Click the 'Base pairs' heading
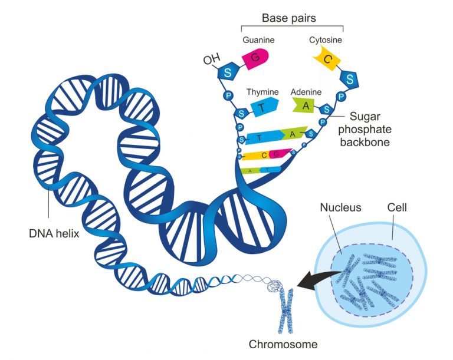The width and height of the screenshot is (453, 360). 289,18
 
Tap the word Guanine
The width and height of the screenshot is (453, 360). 258,40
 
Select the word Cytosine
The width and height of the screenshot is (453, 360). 326,40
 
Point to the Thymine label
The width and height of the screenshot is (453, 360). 262,92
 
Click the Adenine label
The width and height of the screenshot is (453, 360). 306,92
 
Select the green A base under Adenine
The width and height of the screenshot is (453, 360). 304,105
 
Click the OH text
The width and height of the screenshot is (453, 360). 210,60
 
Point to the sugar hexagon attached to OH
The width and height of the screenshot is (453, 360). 225,73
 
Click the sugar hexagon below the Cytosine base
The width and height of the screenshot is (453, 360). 350,78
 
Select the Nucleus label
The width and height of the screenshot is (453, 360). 340,207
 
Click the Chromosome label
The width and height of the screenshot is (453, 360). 283,345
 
